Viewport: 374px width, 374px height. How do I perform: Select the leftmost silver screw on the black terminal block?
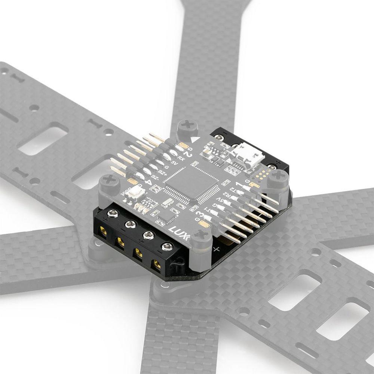pos(111,214)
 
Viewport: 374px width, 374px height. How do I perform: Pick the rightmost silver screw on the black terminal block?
pos(167,246)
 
